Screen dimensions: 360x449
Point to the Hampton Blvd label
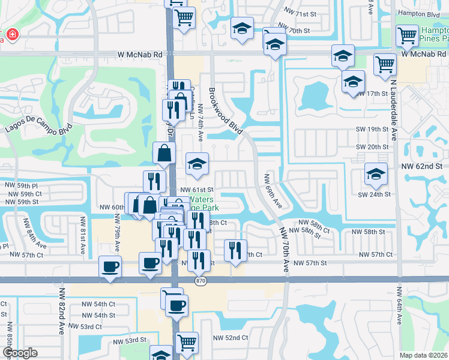click(x=421, y=13)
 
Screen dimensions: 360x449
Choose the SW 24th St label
click(x=374, y=194)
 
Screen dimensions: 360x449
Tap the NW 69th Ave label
click(x=273, y=190)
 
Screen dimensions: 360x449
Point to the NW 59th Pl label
click(x=21, y=187)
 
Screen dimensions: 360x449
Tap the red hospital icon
click(x=11, y=35)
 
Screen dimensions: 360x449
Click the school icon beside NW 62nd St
click(x=376, y=174)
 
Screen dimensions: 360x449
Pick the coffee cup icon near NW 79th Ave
click(x=110, y=266)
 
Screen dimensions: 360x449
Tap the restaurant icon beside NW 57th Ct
click(x=235, y=249)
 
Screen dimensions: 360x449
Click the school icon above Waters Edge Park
click(x=197, y=164)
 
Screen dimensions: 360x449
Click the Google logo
click(x=19, y=353)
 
